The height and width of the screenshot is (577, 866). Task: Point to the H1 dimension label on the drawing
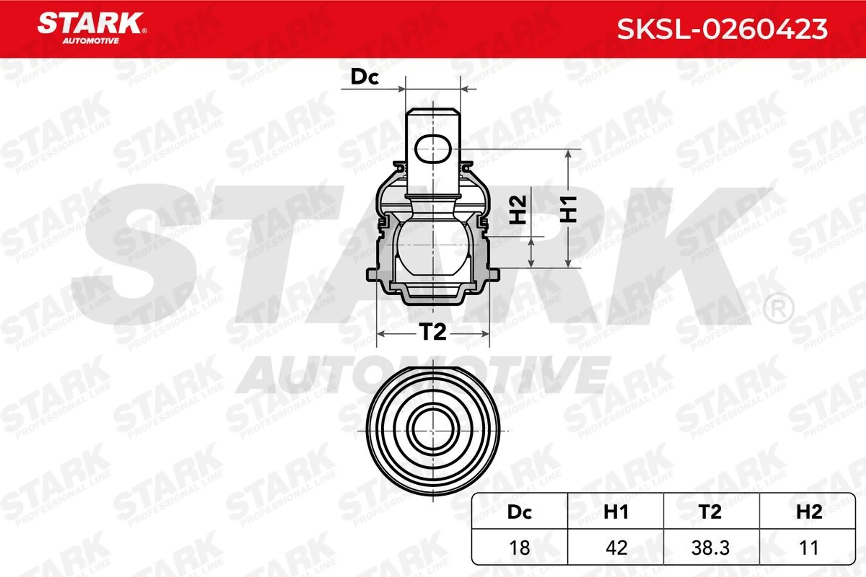[x=568, y=209]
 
